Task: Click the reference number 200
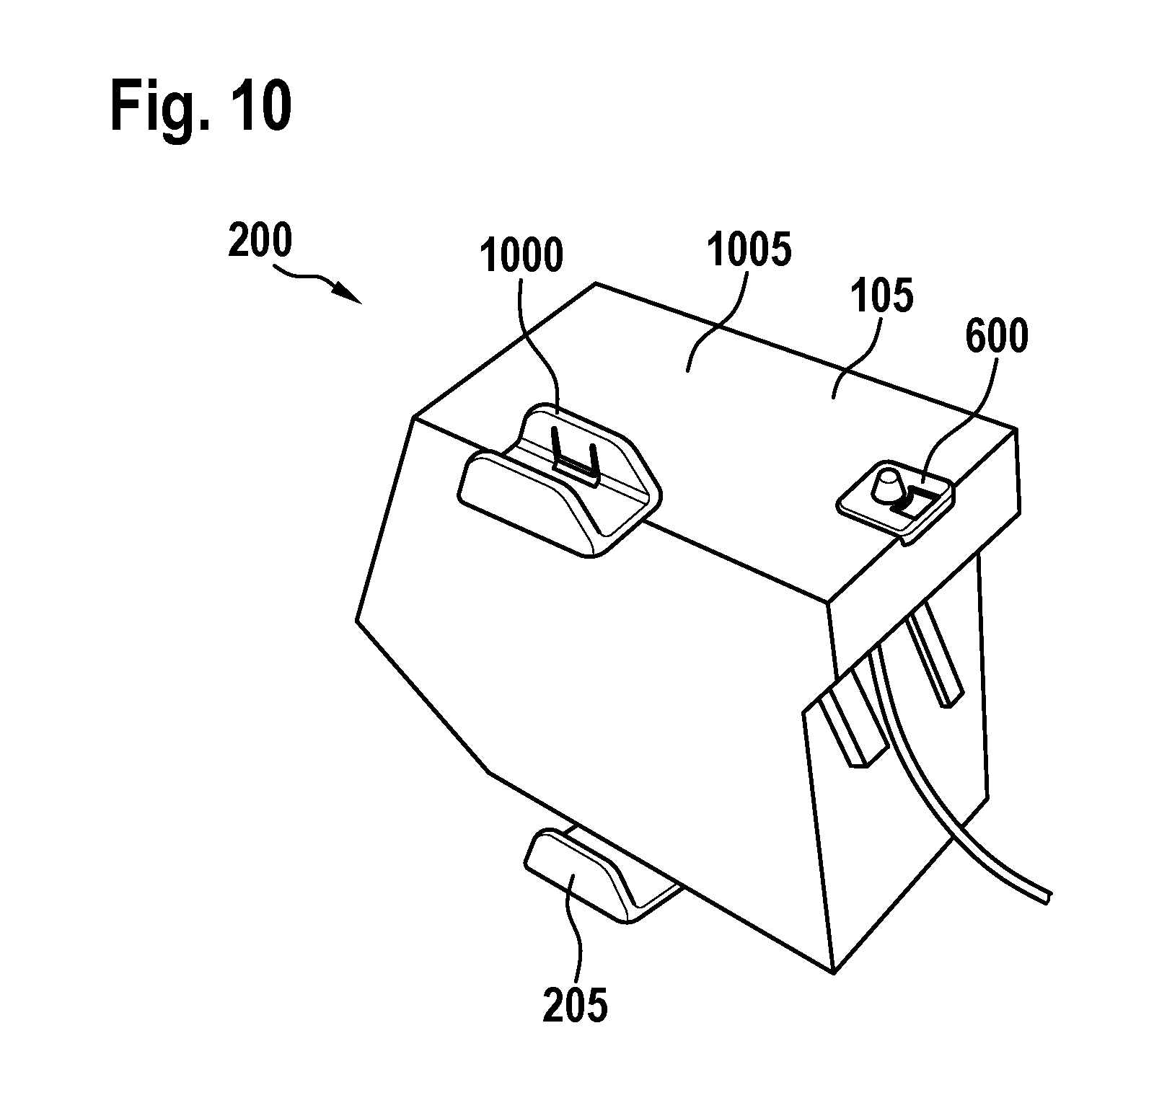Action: coord(260,242)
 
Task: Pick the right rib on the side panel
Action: coord(935,656)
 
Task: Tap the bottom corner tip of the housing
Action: coord(834,974)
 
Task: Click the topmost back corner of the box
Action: coord(596,283)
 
